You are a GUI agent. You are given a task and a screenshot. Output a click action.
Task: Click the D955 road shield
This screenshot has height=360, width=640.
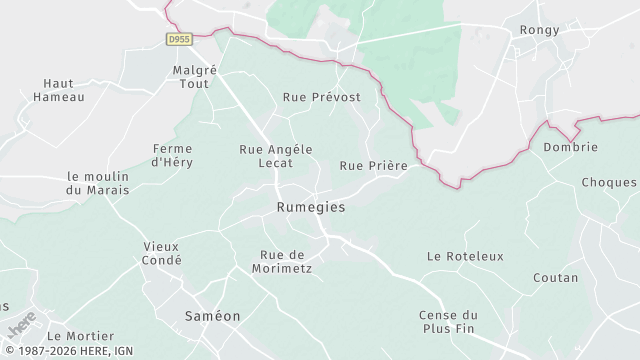179,39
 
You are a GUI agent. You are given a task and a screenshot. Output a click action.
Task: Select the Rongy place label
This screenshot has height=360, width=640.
540,30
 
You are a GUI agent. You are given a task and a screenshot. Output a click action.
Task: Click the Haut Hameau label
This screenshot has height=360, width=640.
59,90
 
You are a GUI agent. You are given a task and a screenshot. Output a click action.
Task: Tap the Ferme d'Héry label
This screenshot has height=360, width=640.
172,155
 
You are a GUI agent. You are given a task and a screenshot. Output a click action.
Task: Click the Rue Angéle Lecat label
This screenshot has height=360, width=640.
276,155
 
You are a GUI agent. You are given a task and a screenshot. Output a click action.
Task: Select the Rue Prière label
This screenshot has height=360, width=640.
374,166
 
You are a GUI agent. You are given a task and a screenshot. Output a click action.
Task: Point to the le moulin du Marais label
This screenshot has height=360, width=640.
98,183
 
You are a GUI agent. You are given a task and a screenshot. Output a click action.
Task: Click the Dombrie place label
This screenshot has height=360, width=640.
570,147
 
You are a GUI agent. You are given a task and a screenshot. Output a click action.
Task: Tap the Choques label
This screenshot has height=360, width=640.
609,183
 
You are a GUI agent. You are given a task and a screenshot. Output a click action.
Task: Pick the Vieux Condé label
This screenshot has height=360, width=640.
162,253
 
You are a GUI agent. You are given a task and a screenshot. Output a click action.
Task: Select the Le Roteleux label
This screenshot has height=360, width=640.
465,256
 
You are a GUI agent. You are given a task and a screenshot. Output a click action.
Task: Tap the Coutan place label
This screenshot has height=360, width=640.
556,277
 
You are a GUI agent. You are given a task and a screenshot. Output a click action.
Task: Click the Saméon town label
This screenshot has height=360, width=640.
213,315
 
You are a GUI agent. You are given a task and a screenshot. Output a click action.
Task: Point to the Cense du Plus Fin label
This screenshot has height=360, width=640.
449,321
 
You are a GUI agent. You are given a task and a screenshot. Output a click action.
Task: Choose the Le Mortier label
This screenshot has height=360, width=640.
81,336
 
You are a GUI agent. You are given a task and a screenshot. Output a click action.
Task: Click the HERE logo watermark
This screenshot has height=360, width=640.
20,326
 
